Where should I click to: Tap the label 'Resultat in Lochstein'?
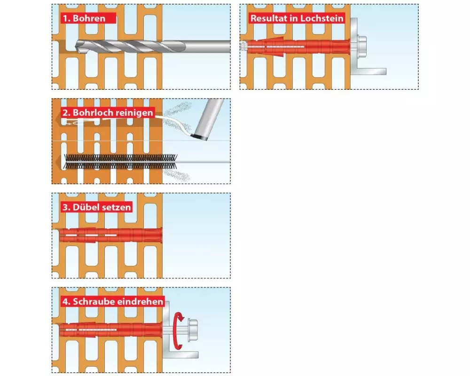click(297, 19)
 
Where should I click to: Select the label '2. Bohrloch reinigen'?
click(107, 113)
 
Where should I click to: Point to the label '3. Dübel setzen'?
click(96, 207)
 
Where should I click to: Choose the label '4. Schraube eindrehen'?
click(113, 301)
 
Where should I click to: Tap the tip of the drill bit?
click(78, 46)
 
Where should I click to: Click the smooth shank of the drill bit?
click(207, 47)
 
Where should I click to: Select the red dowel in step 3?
click(110, 235)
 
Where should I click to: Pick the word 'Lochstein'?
click(324, 19)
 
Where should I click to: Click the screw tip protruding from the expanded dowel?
click(243, 46)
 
